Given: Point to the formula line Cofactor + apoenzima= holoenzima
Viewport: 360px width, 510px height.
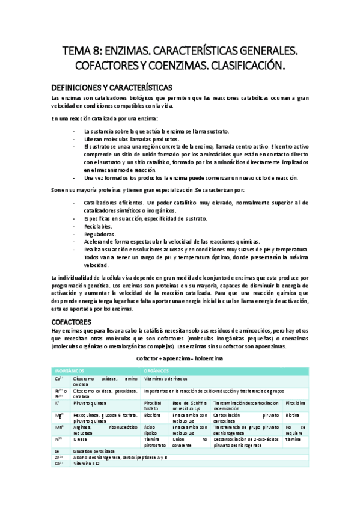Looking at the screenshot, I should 179,358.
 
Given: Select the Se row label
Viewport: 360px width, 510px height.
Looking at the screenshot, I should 56,451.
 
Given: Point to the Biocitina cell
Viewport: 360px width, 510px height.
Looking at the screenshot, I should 153,414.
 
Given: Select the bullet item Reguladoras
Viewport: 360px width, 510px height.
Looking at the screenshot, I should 100,234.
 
